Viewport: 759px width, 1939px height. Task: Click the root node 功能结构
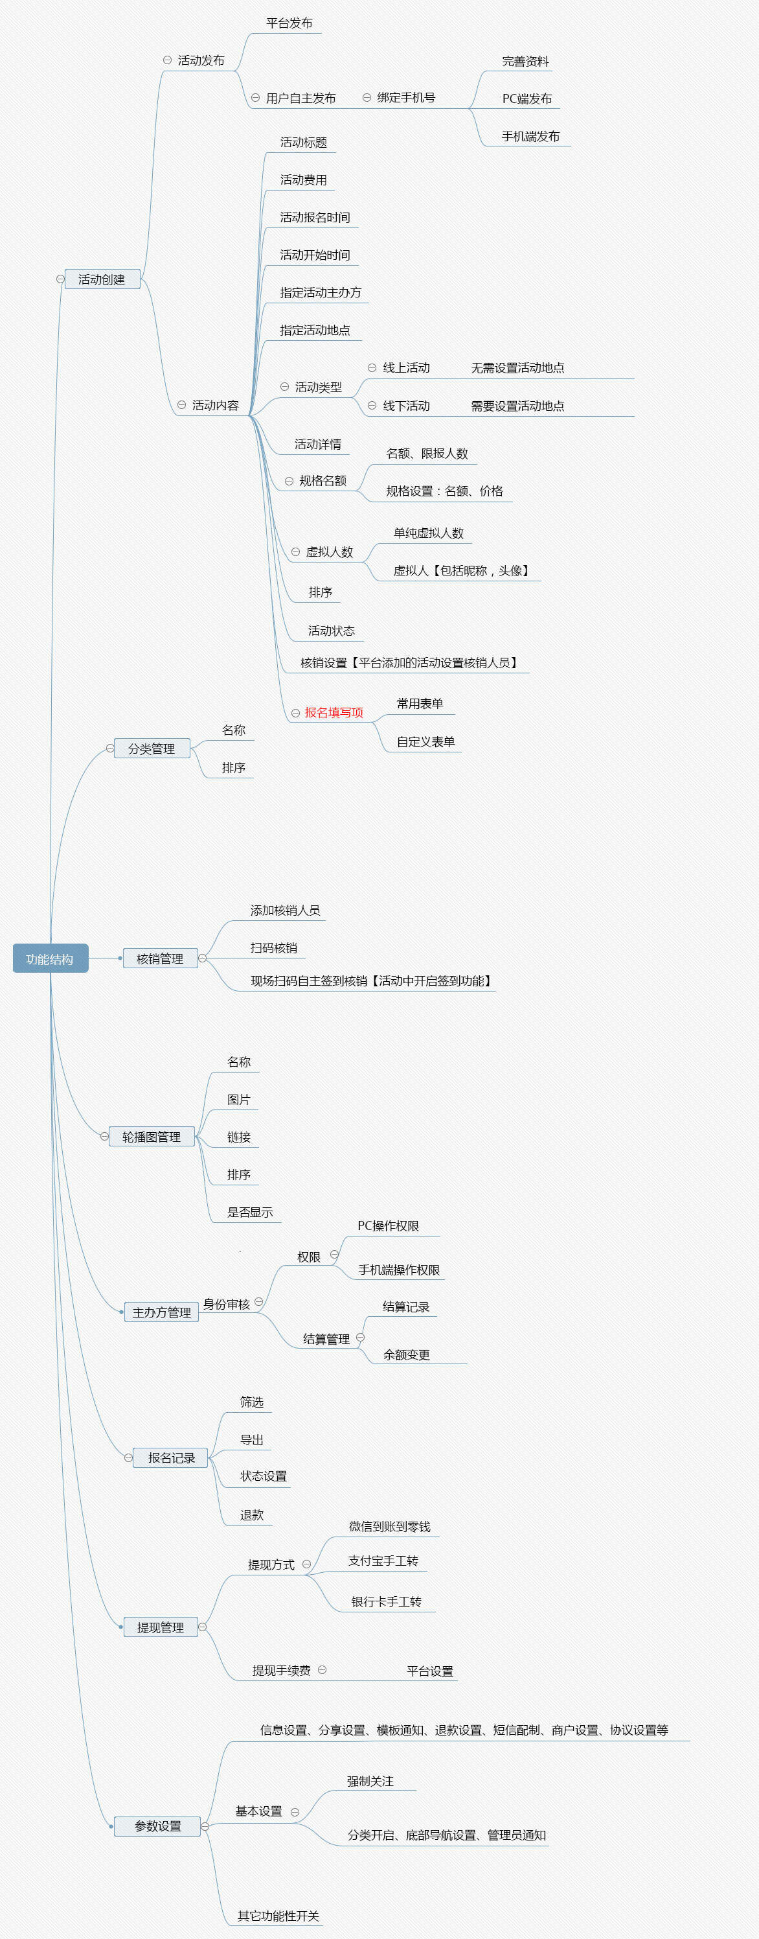coord(51,958)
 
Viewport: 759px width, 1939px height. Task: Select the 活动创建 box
coord(102,279)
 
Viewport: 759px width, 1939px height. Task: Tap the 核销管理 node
coord(160,958)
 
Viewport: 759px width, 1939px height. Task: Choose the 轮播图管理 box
coord(151,1137)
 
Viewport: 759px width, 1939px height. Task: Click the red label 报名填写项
coord(334,712)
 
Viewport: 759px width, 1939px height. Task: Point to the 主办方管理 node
coord(162,1312)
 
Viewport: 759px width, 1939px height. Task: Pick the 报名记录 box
coord(171,1457)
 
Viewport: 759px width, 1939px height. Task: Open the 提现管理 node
coord(160,1627)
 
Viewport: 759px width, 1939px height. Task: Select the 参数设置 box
coord(157,1826)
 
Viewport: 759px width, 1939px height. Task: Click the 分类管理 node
coord(151,749)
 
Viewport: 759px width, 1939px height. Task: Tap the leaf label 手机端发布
coord(530,136)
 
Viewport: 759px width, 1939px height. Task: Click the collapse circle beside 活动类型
coord(284,387)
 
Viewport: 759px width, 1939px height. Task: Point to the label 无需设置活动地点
coord(517,367)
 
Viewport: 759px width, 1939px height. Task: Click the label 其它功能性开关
coord(278,1915)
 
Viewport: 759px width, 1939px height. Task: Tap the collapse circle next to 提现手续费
coord(322,1669)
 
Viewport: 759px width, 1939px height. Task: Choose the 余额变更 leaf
coord(406,1354)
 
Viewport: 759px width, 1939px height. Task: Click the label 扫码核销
coord(274,947)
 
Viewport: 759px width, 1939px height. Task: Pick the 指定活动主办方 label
coord(321,292)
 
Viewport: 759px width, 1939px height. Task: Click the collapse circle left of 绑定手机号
coord(367,98)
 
